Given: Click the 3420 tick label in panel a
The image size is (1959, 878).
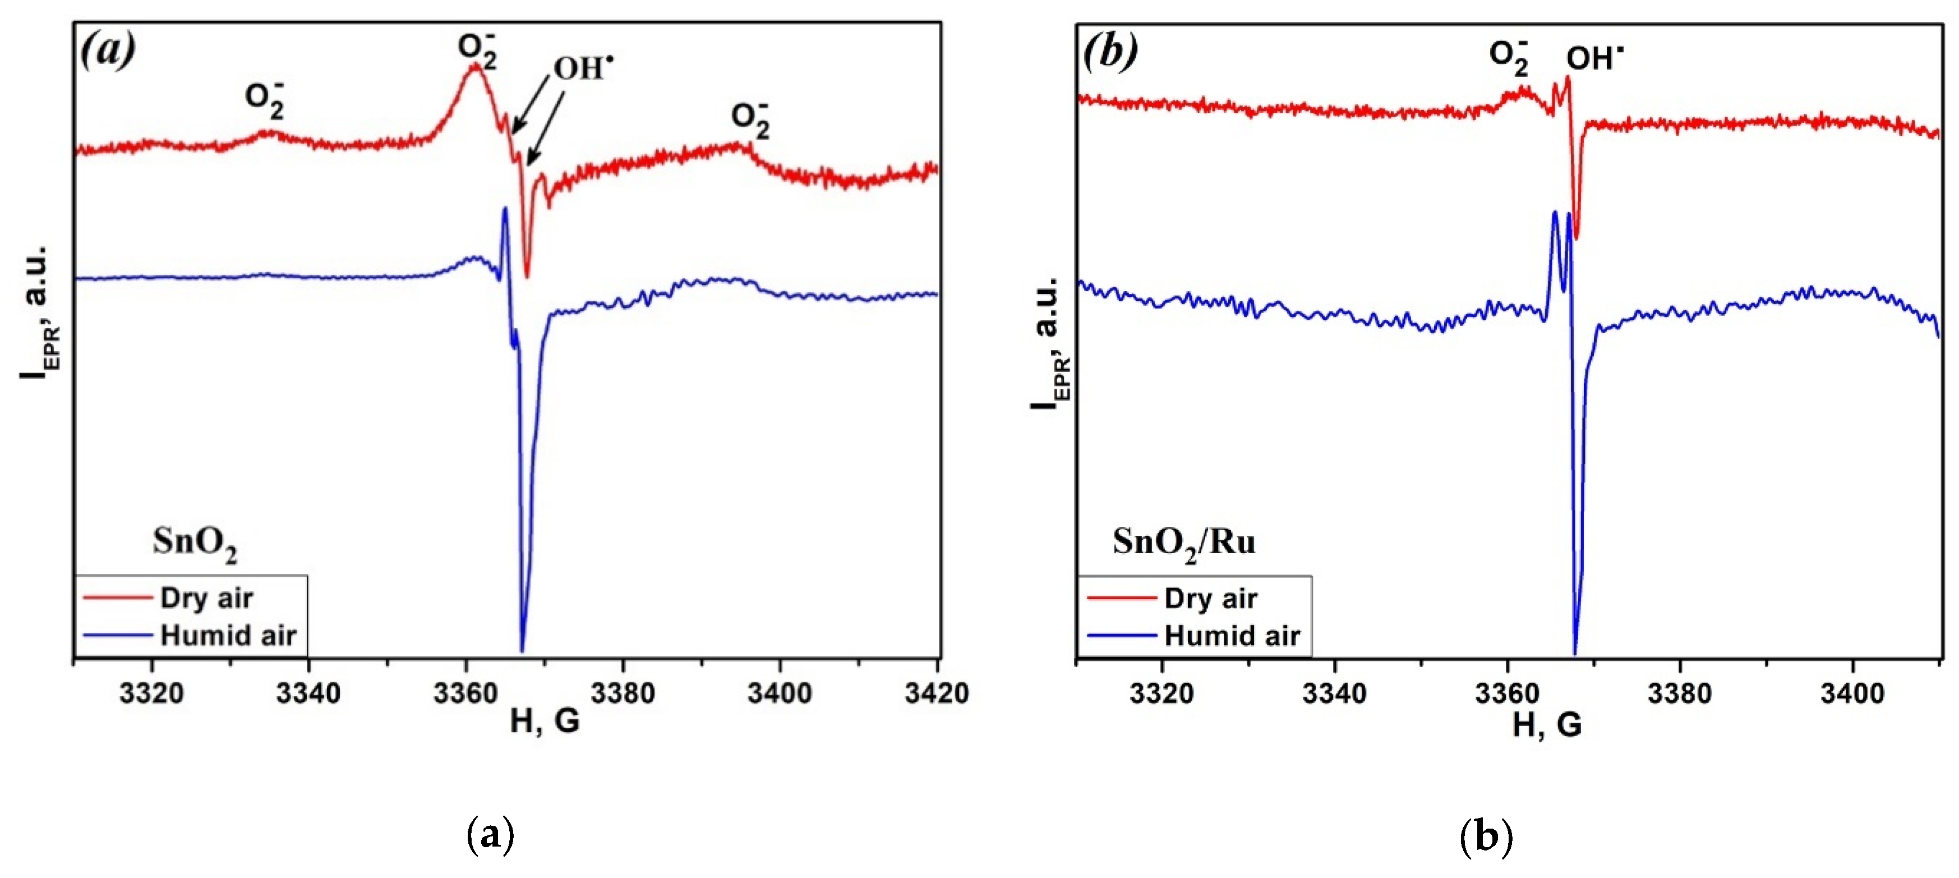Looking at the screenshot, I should tap(936, 693).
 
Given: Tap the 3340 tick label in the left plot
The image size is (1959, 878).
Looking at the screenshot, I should tap(308, 693).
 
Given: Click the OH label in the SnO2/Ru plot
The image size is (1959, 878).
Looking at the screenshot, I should tap(1594, 58).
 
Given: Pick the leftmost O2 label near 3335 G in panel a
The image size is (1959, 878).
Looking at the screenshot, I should tap(265, 100).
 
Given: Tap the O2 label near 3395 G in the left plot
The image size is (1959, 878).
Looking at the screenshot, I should tap(750, 119).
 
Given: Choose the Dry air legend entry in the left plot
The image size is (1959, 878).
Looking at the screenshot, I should tap(206, 598).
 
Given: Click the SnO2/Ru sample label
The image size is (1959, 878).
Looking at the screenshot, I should tap(1183, 543).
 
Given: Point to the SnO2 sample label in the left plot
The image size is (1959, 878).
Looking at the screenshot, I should tap(195, 543).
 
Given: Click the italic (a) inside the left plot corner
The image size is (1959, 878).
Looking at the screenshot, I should tap(108, 50).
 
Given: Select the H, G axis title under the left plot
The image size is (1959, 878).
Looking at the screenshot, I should tap(545, 720).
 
